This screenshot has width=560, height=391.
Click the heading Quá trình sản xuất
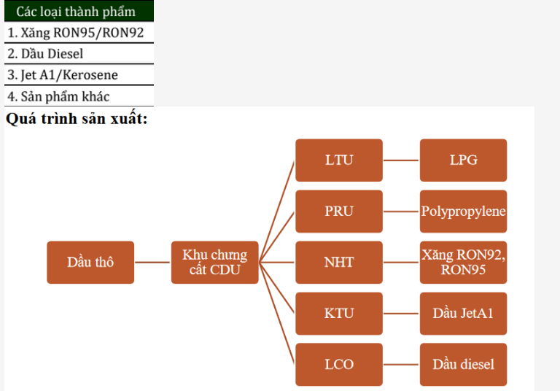(x=77, y=118)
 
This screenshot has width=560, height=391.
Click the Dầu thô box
(x=90, y=262)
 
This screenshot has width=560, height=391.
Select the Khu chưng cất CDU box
(x=214, y=262)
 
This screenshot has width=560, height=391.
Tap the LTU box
(x=338, y=160)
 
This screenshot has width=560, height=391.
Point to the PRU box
(x=338, y=211)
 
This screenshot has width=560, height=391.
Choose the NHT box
(x=338, y=262)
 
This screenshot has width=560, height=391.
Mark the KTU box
(x=338, y=313)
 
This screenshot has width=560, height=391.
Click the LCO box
(x=338, y=364)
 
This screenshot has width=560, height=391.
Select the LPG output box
(x=463, y=160)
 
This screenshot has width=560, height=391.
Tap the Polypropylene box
(x=463, y=211)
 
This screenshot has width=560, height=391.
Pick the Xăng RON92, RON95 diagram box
(x=463, y=262)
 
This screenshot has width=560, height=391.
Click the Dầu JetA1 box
(x=463, y=313)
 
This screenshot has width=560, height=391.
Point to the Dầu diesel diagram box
(x=463, y=364)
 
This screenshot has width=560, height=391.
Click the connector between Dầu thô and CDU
(x=152, y=262)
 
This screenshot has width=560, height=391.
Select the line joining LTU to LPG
(x=401, y=160)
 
